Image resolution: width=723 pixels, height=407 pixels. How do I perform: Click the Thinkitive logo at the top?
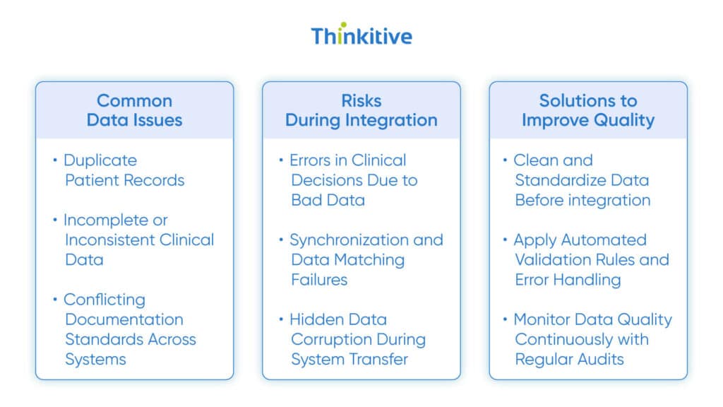pyautogui.click(x=361, y=36)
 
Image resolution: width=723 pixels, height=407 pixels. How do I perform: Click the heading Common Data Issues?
pyautogui.click(x=134, y=110)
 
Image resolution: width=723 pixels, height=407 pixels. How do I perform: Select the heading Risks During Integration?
pyautogui.click(x=361, y=110)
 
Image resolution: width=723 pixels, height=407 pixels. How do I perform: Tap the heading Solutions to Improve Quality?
pyautogui.click(x=587, y=110)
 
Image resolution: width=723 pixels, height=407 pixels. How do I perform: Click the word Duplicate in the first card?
pyautogui.click(x=100, y=160)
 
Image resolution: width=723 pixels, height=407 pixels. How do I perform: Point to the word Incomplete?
pyautogui.click(x=116, y=220)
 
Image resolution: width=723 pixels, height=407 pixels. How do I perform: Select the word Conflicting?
pyautogui.click(x=104, y=300)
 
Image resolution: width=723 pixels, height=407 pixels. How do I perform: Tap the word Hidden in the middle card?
pyautogui.click(x=316, y=319)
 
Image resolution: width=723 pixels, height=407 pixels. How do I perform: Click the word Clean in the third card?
pyautogui.click(x=534, y=160)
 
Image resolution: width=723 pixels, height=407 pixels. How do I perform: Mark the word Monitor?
pyautogui.click(x=544, y=319)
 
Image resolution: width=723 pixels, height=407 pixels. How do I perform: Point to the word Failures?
pyautogui.click(x=319, y=280)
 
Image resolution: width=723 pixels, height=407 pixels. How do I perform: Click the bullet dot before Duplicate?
pyautogui.click(x=56, y=160)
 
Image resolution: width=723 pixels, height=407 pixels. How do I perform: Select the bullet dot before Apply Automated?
pyautogui.click(x=506, y=239)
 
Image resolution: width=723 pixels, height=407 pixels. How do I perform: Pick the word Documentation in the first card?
pyautogui.click(x=124, y=319)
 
